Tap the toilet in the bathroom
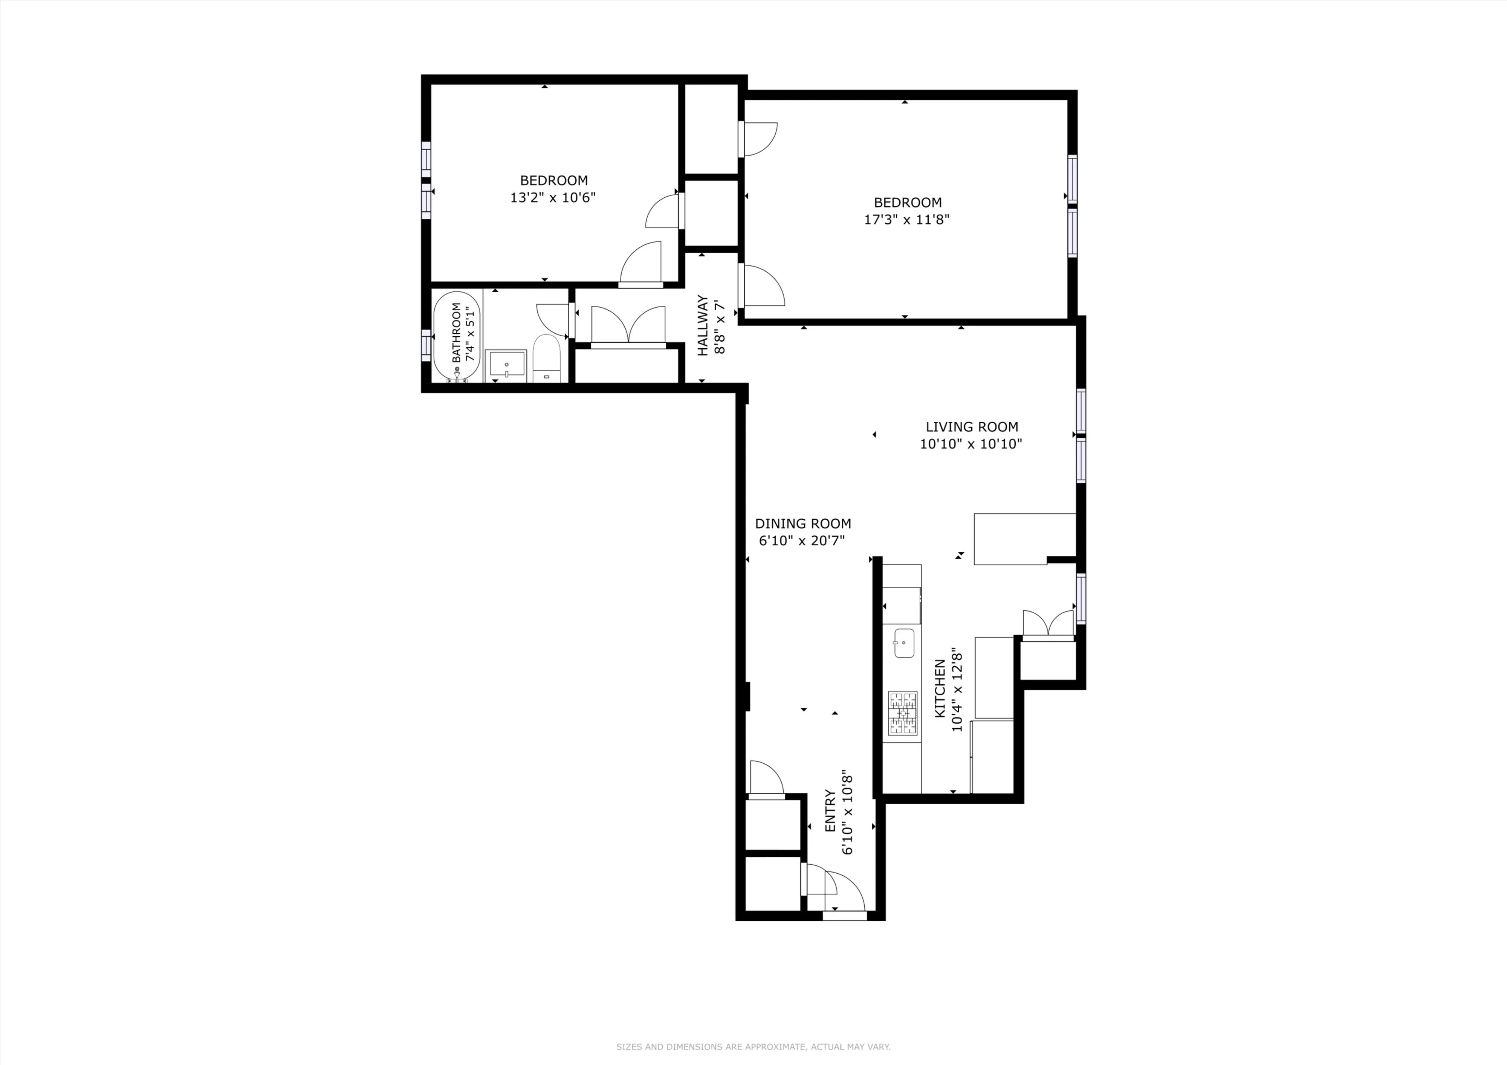pyautogui.click(x=546, y=359)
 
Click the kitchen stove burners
pyautogui.click(x=902, y=713)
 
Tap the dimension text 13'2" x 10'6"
pyautogui.click(x=553, y=197)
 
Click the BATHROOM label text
pyautogui.click(x=456, y=332)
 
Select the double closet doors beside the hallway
pyautogui.click(x=628, y=325)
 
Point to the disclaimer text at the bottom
pyautogui.click(x=753, y=1047)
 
